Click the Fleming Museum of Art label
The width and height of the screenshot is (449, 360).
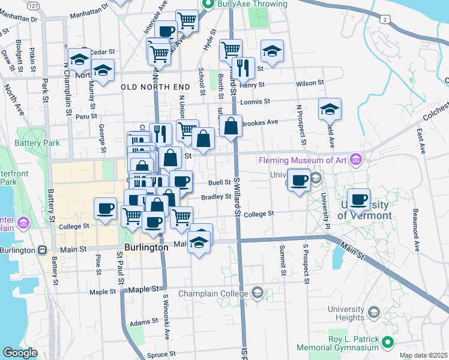point(304,160)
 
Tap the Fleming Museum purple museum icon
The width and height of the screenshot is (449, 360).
point(357,160)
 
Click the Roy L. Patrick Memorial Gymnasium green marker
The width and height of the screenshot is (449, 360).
point(388,343)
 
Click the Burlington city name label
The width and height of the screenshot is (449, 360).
point(146,247)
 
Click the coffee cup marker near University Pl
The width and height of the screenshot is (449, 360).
point(299,179)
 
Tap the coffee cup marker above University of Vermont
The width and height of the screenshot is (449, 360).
point(359,200)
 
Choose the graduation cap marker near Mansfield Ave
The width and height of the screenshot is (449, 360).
point(330,109)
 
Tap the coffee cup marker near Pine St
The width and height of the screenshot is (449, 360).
point(106,208)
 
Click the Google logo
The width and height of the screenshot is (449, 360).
point(20,352)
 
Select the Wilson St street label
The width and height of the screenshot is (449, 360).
point(310,82)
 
